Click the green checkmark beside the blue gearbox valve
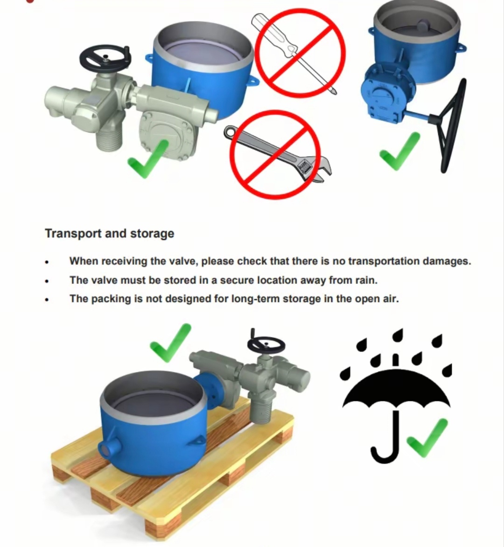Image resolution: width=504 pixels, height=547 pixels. click(x=399, y=151)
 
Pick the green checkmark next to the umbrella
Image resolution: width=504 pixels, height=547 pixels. click(x=427, y=438)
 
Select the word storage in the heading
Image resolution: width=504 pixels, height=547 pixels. click(x=152, y=234)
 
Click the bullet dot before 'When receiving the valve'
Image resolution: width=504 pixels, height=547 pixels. click(x=47, y=262)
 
